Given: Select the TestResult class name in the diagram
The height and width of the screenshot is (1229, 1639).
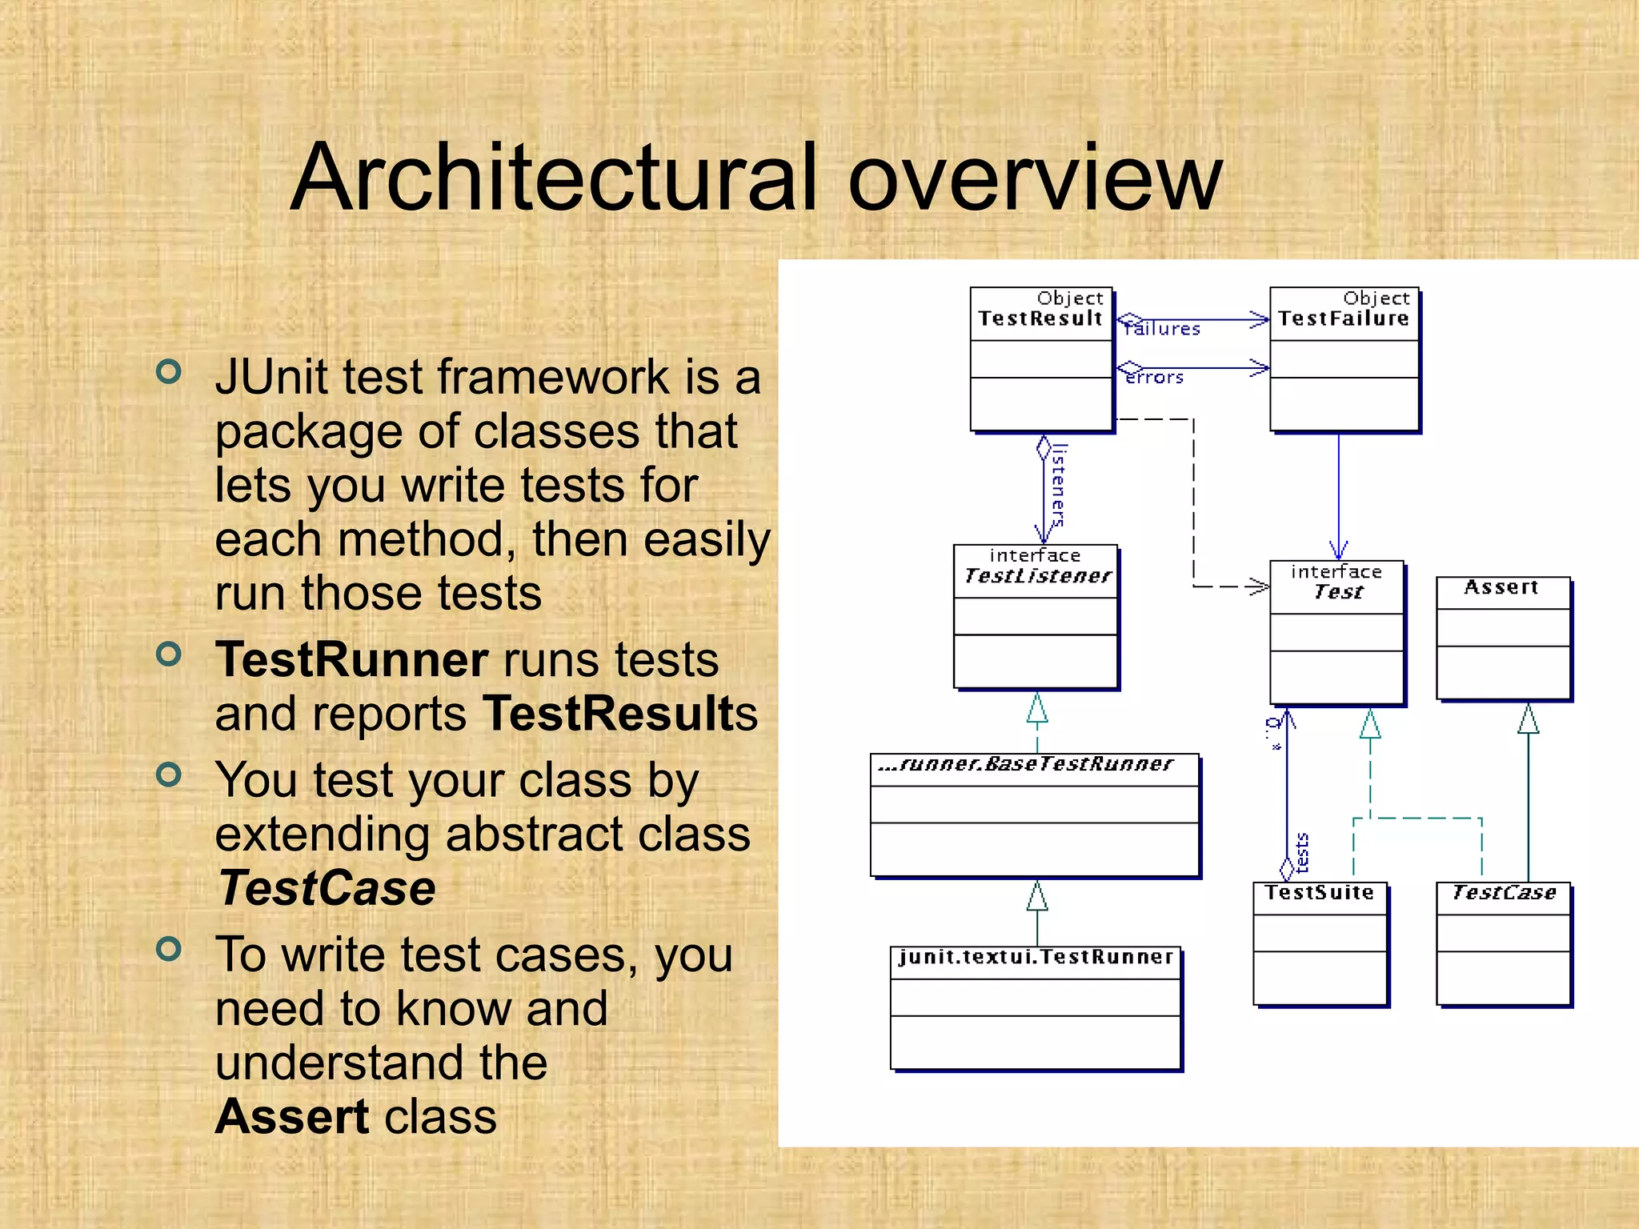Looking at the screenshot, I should coord(1040,318).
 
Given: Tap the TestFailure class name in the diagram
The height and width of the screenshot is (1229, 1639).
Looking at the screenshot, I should coord(1343,318).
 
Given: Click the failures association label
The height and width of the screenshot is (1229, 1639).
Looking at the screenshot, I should coord(1162,329).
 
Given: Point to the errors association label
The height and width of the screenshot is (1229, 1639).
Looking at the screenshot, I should coord(1154,378).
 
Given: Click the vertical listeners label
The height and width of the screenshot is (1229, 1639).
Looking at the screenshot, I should coord(1058,486).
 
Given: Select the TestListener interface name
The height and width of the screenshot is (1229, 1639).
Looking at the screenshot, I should coord(1037,576).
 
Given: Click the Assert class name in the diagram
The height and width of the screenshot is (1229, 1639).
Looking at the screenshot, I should coord(1501,587).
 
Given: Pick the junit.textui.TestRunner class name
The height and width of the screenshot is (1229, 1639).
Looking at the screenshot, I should coord(1036,957).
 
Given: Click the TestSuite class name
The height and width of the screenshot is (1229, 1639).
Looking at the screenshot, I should coord(1319,892).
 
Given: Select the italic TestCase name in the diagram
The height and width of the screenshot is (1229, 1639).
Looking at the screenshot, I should coord(1503,892).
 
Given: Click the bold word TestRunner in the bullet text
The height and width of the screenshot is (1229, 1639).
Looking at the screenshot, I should coord(351,660).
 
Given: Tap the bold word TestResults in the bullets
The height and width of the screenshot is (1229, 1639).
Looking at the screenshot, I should coord(620,714).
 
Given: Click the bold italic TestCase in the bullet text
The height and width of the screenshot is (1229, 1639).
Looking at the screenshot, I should coord(327,888).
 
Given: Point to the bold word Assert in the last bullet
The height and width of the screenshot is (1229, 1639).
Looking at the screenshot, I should coord(292,1117).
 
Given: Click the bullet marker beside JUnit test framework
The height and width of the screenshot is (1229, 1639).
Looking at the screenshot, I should coord(169,371).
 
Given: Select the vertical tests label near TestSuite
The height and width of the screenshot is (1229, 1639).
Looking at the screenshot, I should coord(1302,852).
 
